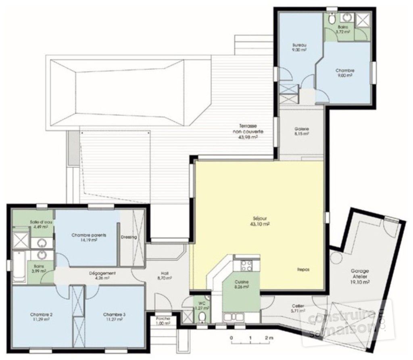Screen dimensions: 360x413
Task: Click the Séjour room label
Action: click(x=259, y=218)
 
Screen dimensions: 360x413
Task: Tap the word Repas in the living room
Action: click(x=303, y=269)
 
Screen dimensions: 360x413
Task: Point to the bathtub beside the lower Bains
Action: click(x=18, y=266)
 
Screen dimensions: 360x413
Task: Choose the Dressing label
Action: click(x=129, y=237)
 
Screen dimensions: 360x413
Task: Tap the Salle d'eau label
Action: click(x=39, y=222)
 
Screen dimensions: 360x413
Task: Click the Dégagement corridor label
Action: click(x=102, y=273)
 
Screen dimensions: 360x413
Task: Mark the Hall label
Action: click(x=165, y=273)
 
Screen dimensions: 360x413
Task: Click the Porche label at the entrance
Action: click(x=163, y=318)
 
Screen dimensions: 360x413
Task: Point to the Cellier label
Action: click(x=298, y=307)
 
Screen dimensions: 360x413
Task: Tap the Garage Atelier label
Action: click(x=356, y=274)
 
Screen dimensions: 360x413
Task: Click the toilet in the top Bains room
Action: click(x=331, y=19)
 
